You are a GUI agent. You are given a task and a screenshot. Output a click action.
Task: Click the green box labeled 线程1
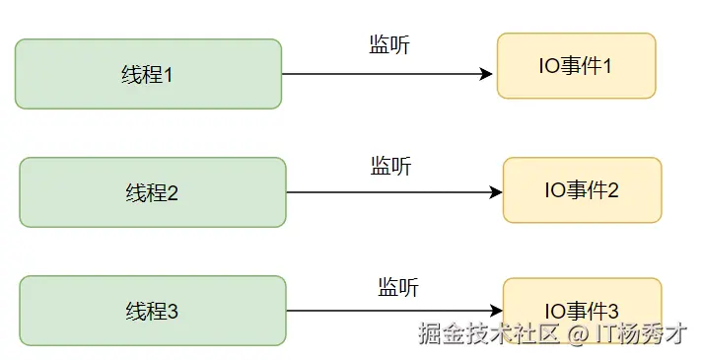click(x=148, y=74)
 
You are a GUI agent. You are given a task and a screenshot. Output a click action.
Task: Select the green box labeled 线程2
click(x=152, y=192)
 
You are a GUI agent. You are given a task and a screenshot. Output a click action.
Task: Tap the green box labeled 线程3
click(x=152, y=311)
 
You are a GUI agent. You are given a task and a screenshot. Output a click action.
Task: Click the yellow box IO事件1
click(x=576, y=66)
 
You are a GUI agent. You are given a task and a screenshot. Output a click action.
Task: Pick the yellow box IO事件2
click(x=582, y=190)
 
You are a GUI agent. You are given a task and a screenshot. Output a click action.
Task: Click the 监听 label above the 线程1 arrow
click(x=389, y=44)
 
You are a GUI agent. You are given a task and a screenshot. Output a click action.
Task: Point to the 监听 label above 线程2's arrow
click(x=391, y=166)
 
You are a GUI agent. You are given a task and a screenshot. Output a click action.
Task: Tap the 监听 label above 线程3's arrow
click(x=398, y=287)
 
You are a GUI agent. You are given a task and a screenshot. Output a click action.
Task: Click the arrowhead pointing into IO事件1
click(x=486, y=74)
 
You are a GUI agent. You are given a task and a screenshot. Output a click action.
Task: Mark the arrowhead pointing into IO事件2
click(x=496, y=192)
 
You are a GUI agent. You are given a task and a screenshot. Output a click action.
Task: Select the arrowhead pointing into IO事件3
click(x=496, y=311)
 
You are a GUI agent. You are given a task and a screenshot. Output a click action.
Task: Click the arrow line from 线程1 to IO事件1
click(x=385, y=74)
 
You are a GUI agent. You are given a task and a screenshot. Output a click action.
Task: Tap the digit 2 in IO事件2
click(x=613, y=190)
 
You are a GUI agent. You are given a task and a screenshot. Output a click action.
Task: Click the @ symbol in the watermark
click(x=578, y=333)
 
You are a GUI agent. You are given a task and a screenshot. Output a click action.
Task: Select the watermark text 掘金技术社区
click(x=489, y=333)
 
